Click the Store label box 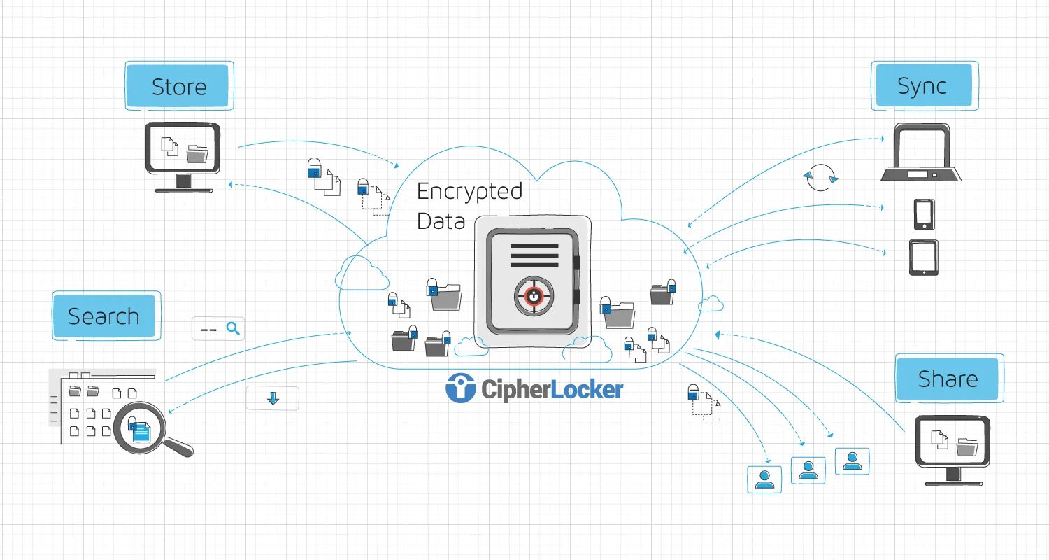tap(179, 87)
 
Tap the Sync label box tap(922, 86)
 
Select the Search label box tap(104, 316)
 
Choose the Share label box tap(948, 379)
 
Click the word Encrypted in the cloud tap(469, 192)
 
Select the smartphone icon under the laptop tap(924, 214)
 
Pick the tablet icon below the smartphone tap(923, 258)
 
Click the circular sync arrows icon tap(820, 177)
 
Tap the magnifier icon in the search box tap(234, 328)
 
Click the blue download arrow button tap(273, 398)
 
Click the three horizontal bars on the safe tap(534, 255)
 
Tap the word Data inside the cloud tap(441, 221)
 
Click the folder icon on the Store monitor tap(197, 153)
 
